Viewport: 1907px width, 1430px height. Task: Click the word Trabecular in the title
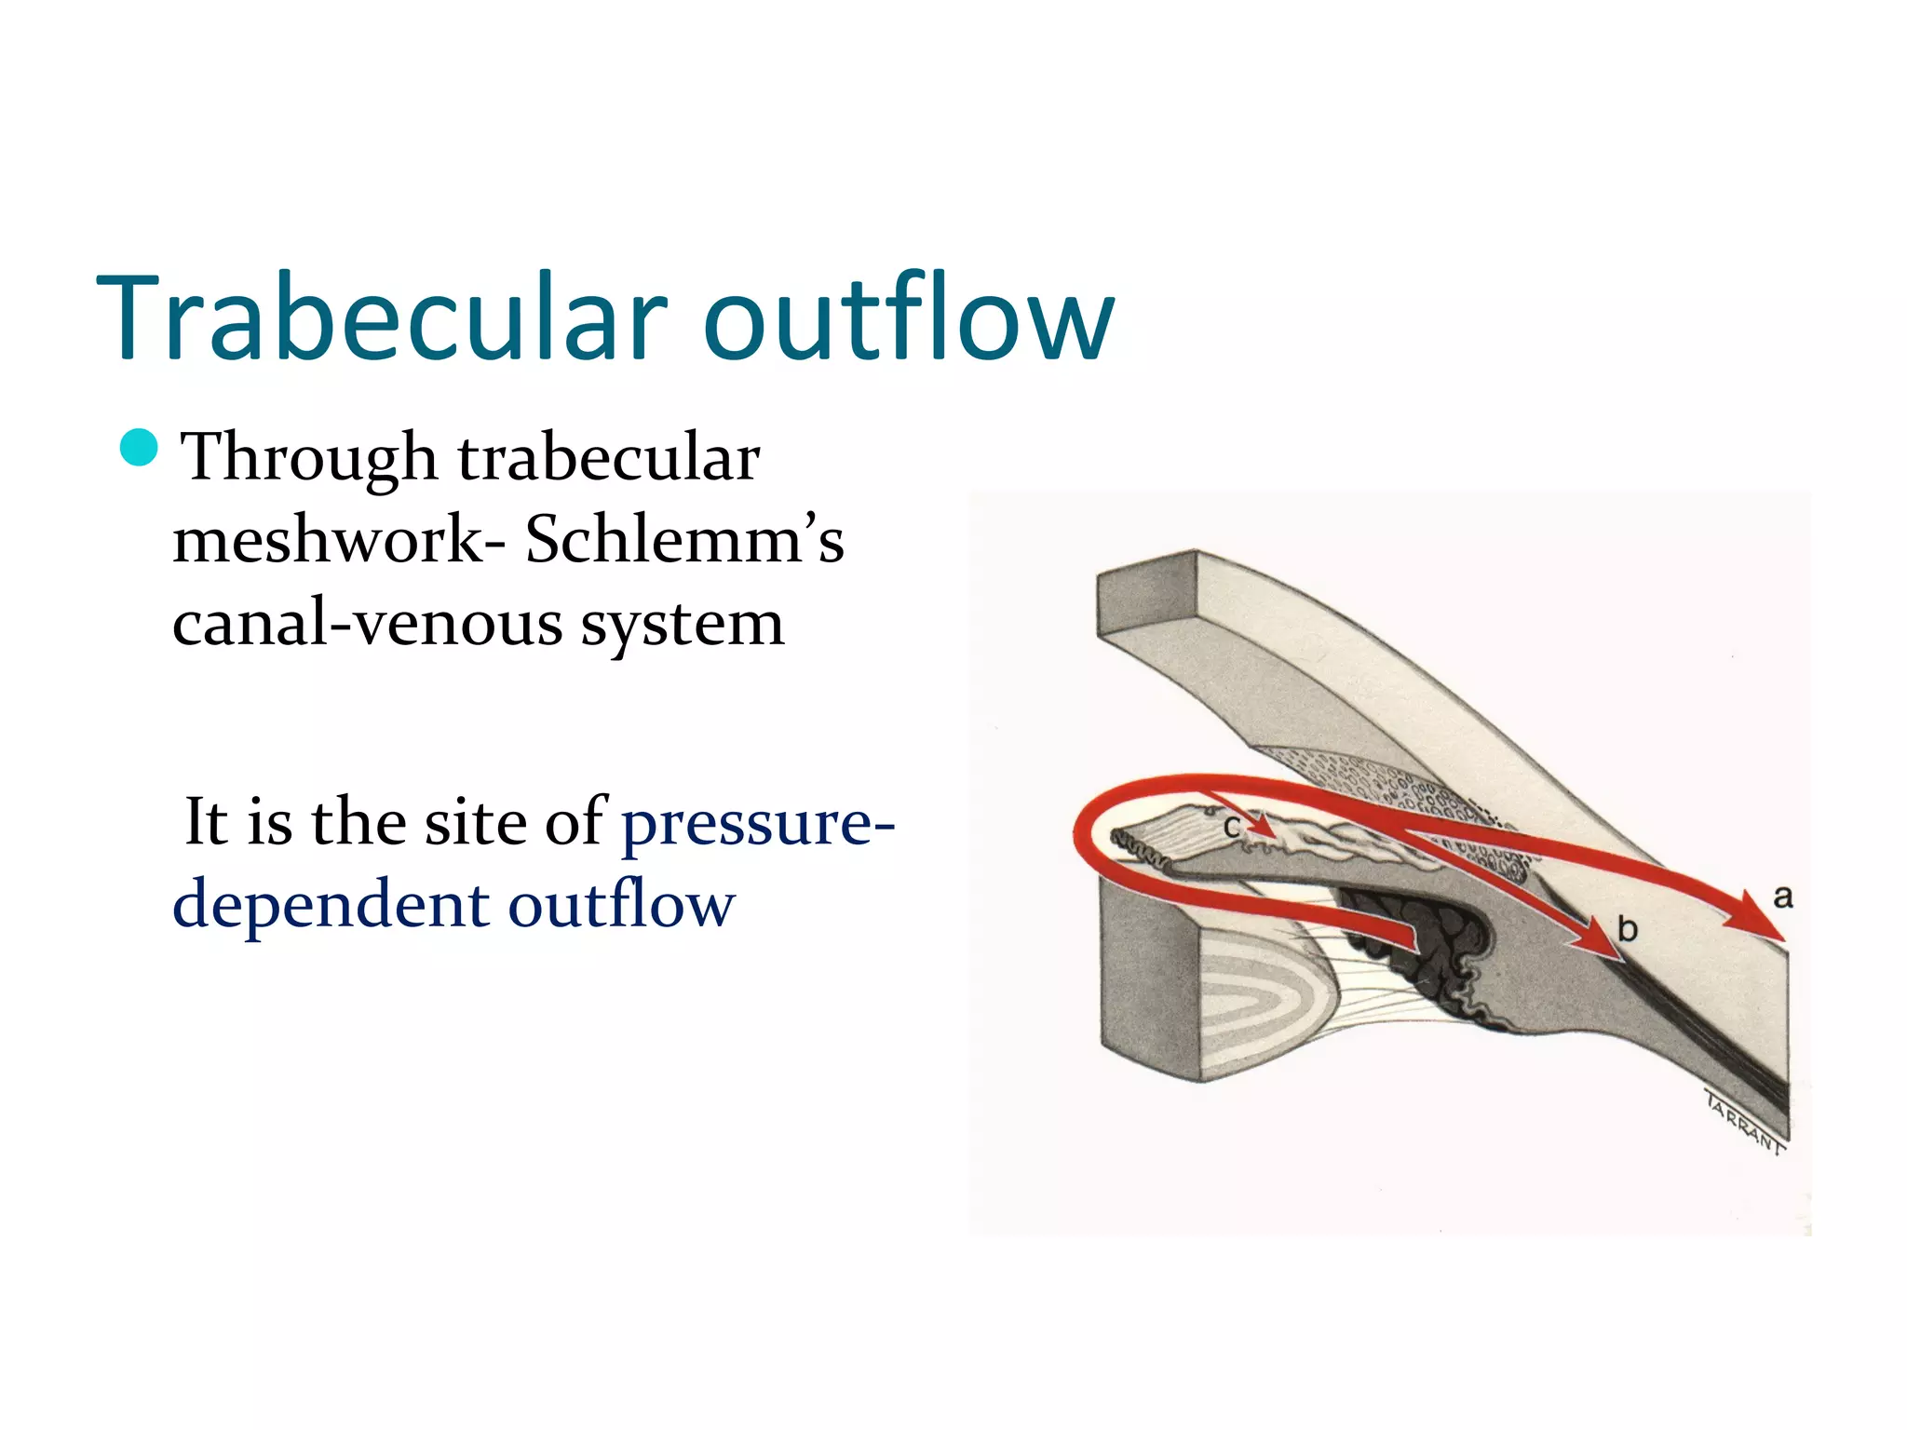(x=382, y=317)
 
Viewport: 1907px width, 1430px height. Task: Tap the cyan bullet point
(x=140, y=448)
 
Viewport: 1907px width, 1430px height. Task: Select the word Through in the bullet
(x=307, y=458)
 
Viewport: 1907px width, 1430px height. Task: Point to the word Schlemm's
(x=684, y=540)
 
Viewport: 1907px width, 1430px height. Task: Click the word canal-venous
(x=368, y=623)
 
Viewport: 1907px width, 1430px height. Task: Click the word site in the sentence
(x=475, y=822)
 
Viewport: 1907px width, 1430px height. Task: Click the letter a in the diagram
(x=1782, y=897)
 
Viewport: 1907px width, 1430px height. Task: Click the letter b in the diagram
(x=1627, y=929)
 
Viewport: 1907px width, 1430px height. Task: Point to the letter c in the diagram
(x=1231, y=827)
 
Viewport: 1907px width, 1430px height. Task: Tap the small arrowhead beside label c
(x=1261, y=825)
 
